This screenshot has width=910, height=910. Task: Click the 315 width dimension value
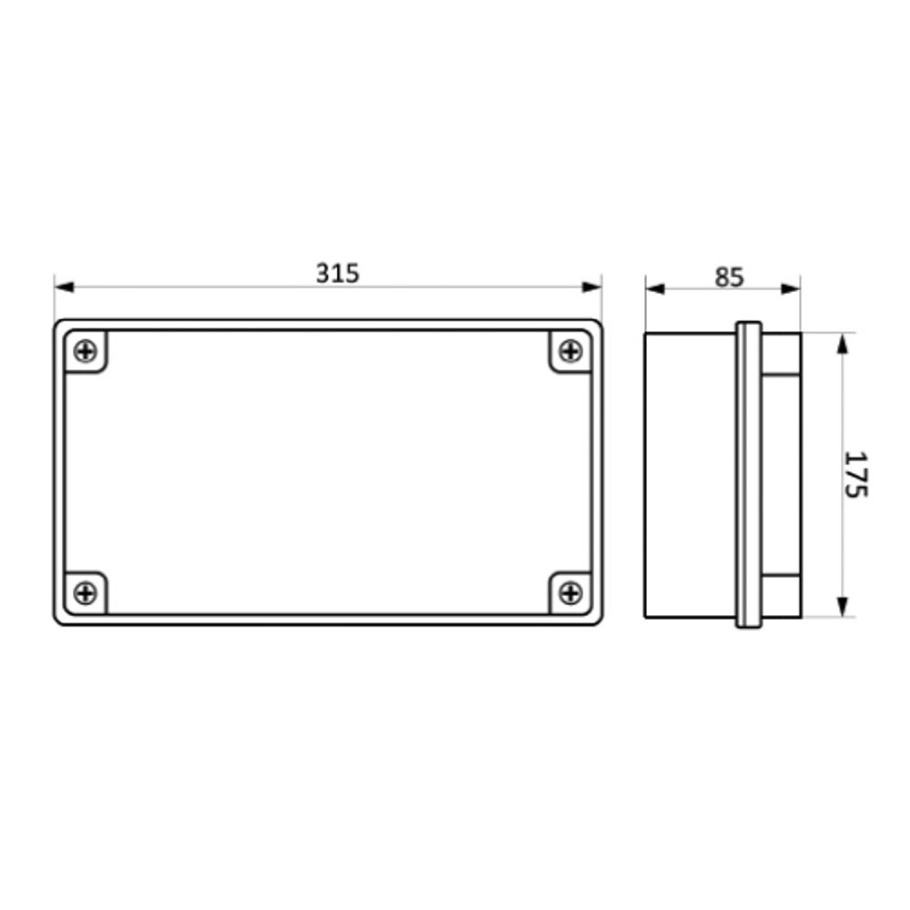(x=338, y=272)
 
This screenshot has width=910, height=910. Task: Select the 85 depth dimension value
(x=728, y=276)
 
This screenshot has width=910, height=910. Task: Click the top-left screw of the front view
(x=85, y=350)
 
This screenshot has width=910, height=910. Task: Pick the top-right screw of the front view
(x=571, y=350)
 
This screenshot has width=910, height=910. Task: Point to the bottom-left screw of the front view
(x=85, y=593)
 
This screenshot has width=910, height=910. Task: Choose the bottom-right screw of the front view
(x=571, y=593)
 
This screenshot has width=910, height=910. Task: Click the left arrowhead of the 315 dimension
(x=64, y=288)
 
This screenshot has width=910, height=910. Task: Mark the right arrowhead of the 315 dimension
(x=592, y=288)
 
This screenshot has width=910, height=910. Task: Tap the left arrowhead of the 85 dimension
(x=655, y=288)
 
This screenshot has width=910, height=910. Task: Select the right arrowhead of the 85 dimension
(x=791, y=288)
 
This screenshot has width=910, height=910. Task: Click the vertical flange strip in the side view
(x=748, y=475)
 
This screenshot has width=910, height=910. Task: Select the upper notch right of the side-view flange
(x=781, y=355)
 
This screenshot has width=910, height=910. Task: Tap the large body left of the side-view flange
(x=690, y=475)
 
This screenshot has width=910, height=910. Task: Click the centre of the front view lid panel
(x=328, y=471)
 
